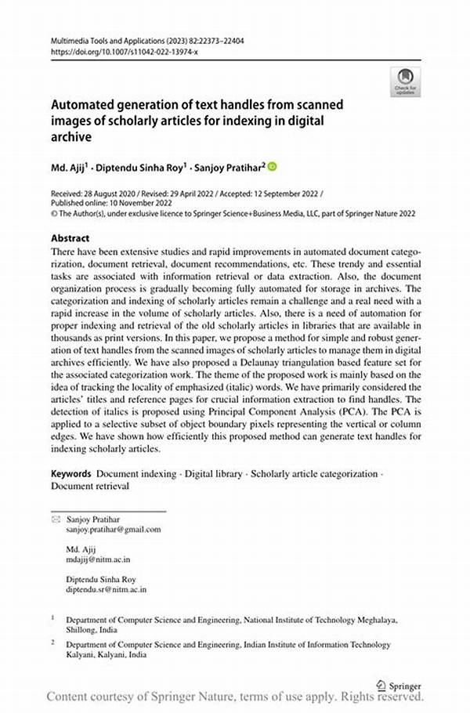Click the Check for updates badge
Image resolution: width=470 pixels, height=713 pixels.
(405, 81)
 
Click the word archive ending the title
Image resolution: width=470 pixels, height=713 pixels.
(71, 136)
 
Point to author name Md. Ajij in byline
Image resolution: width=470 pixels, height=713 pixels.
(69, 167)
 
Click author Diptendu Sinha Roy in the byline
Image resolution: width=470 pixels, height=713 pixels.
(141, 167)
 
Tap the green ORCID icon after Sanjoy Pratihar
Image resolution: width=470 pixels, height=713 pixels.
(273, 166)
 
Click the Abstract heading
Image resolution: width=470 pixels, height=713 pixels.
(70, 238)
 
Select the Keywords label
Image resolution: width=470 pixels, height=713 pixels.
(71, 474)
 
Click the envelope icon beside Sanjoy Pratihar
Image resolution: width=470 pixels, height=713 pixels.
(56, 519)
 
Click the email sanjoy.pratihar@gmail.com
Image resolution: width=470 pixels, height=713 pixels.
(114, 529)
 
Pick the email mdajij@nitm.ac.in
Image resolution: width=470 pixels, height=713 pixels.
(98, 559)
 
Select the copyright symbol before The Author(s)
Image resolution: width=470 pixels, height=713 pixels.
(54, 213)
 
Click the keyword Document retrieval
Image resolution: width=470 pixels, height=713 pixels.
(90, 486)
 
